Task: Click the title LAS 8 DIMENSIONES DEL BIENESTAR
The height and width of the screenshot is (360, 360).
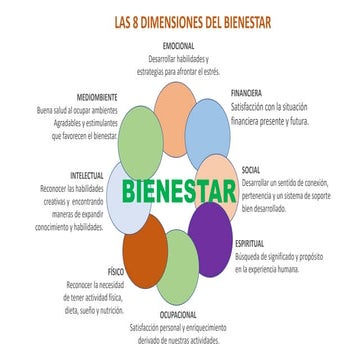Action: click(180, 19)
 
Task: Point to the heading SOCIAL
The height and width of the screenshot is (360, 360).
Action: click(251, 170)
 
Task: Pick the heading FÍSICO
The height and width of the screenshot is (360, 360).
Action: click(115, 272)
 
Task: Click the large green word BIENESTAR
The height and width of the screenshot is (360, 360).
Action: click(179, 189)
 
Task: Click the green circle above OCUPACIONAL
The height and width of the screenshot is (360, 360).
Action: click(178, 269)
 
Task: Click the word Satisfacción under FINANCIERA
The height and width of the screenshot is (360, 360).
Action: click(253, 105)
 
